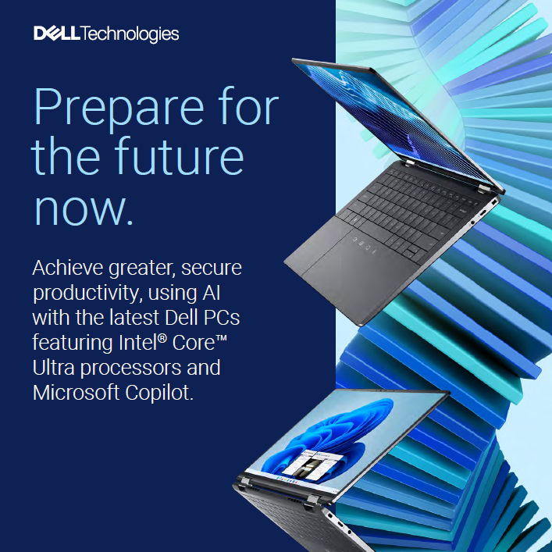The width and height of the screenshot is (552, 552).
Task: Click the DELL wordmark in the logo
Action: tap(57, 33)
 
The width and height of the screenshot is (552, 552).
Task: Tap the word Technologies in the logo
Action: tap(130, 34)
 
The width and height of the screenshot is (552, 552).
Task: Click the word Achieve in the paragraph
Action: tap(68, 268)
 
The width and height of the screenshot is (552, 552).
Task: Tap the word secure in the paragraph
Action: tap(212, 269)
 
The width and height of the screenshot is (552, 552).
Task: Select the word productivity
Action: tap(87, 294)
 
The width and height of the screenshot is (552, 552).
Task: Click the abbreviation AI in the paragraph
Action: tap(212, 293)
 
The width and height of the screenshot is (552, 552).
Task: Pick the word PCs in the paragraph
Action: tap(222, 318)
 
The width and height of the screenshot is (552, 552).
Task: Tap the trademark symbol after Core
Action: tap(222, 338)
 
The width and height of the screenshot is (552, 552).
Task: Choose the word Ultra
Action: tap(53, 368)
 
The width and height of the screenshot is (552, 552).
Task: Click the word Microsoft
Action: tap(76, 393)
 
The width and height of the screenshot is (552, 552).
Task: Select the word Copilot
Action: tap(159, 393)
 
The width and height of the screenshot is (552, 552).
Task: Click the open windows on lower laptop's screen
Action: tap(312, 464)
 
